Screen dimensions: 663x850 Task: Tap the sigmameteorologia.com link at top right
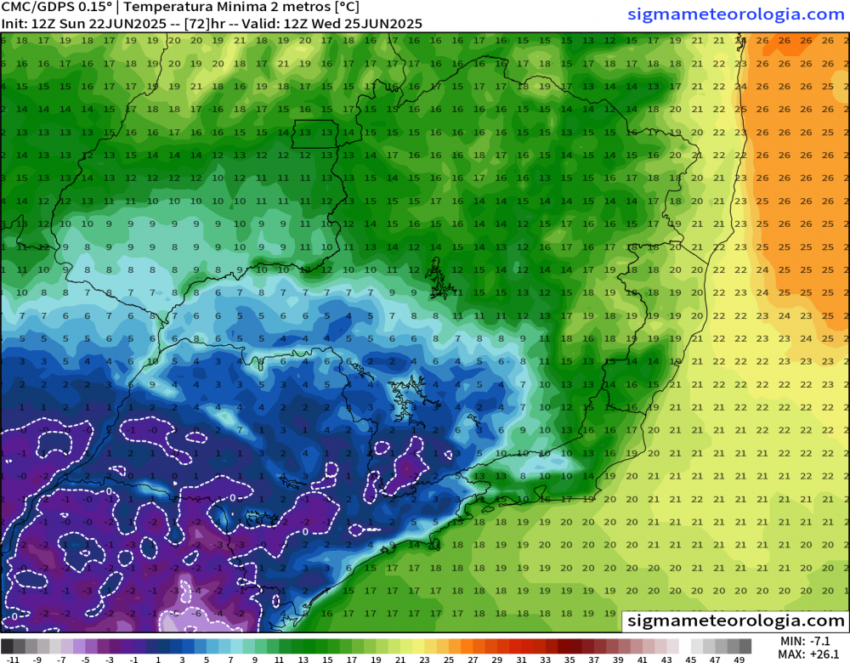[736, 14]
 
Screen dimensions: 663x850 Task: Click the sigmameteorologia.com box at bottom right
[735, 621]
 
